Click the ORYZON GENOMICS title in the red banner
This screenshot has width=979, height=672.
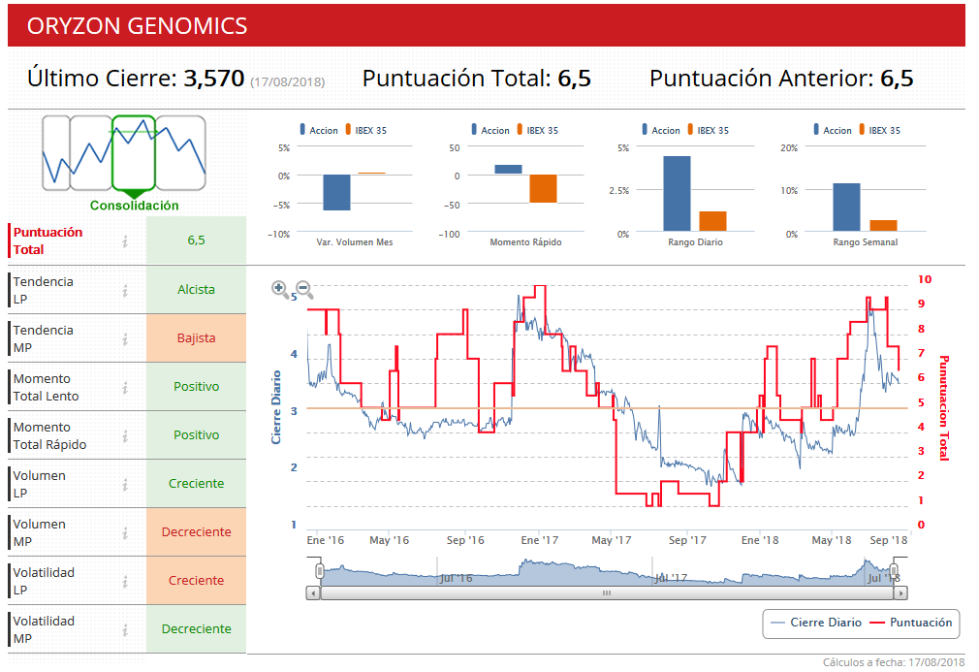tap(137, 26)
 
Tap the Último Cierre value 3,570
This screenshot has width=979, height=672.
tap(213, 79)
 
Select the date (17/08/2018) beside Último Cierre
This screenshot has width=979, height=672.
tap(287, 81)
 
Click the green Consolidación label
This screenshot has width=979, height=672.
tap(135, 206)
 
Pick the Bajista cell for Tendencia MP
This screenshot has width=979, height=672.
tap(196, 338)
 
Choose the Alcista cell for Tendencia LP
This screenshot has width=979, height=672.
tap(196, 289)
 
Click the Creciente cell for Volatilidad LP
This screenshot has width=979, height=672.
tap(196, 580)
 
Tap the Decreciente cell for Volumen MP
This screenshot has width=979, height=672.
tap(196, 531)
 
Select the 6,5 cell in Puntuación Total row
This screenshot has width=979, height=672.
tap(196, 240)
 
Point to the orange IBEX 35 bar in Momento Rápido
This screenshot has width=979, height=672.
tap(543, 188)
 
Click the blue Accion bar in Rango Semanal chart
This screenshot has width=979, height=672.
tap(846, 208)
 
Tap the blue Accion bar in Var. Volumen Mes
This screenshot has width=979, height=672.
tap(336, 192)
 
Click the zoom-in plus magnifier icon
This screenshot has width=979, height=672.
tap(279, 287)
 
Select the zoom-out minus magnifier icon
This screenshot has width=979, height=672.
tap(303, 288)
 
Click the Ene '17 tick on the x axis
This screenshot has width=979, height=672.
tap(539, 540)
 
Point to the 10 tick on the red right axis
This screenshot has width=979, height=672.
tap(924, 279)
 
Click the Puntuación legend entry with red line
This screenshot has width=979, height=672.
tap(911, 623)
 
